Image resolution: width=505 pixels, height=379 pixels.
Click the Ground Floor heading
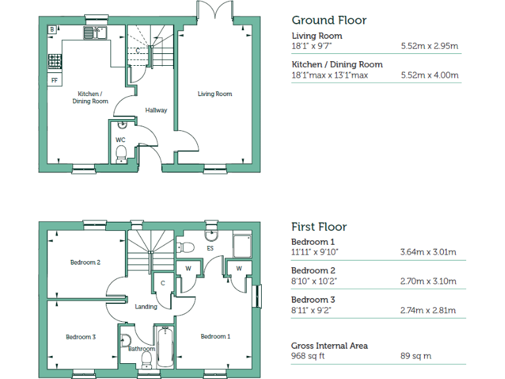[329, 20]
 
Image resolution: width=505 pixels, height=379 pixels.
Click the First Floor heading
[319, 227]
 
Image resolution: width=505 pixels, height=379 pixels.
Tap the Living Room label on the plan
[215, 94]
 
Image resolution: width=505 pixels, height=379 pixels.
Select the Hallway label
[156, 110]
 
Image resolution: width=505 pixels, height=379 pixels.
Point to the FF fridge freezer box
[54, 80]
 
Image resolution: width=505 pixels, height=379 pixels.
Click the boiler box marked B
[52, 30]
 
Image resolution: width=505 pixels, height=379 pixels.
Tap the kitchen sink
[95, 31]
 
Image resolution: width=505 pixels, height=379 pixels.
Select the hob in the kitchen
[54, 61]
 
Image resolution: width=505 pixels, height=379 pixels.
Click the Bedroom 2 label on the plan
[85, 263]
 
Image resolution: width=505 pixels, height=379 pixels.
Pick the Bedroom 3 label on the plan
[81, 337]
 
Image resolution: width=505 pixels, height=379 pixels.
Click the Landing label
[146, 307]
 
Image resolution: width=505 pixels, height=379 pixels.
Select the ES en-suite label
[211, 249]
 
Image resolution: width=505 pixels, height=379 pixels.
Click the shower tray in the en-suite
[243, 245]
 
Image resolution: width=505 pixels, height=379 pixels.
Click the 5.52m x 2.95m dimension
[429, 47]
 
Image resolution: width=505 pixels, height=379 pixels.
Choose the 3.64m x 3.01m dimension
[428, 253]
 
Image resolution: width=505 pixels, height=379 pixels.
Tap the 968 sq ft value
[308, 356]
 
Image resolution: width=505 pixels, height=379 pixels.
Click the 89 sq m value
[416, 356]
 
